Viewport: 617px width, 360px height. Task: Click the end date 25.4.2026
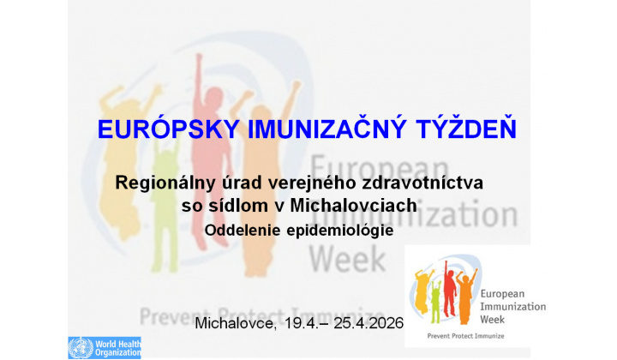click(361, 325)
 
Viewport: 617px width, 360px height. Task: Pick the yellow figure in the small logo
click(421, 292)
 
